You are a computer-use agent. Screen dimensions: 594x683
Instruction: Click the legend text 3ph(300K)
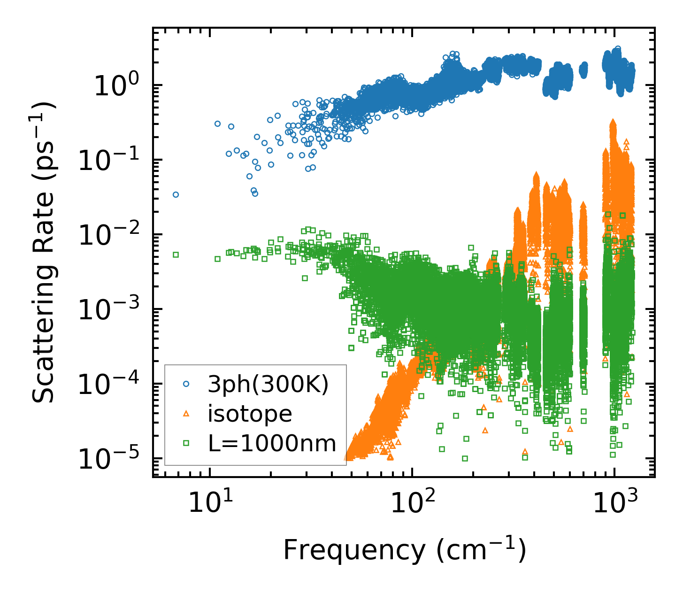point(268,385)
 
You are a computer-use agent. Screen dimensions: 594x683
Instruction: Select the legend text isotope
point(250,414)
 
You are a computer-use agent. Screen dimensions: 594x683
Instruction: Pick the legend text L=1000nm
point(272,443)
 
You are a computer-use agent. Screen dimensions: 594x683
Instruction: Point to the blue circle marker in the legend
point(186,384)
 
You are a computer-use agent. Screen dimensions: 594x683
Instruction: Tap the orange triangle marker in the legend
point(186,413)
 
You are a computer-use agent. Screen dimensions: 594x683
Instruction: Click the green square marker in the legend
point(186,442)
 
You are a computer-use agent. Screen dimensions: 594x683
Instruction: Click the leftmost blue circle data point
point(176,194)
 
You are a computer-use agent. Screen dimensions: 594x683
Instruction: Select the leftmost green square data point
point(176,255)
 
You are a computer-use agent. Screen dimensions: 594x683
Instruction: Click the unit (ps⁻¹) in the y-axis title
point(43,131)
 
